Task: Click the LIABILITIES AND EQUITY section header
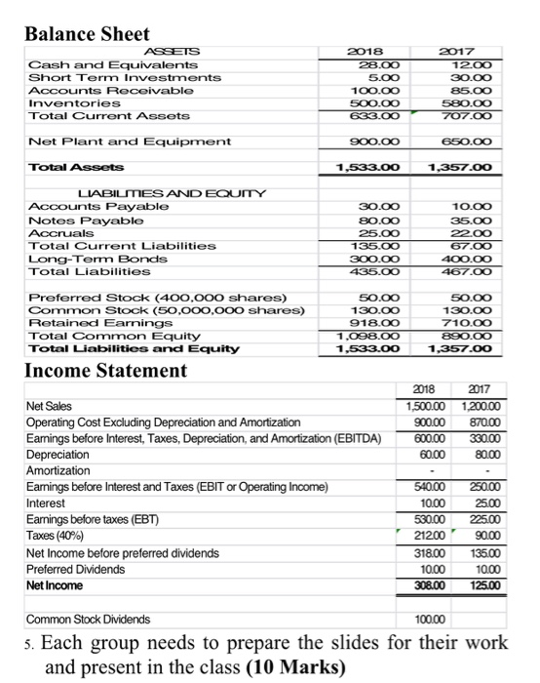145,193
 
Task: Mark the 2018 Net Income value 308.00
440,585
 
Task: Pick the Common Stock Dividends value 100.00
440,618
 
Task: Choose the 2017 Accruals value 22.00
474,234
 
